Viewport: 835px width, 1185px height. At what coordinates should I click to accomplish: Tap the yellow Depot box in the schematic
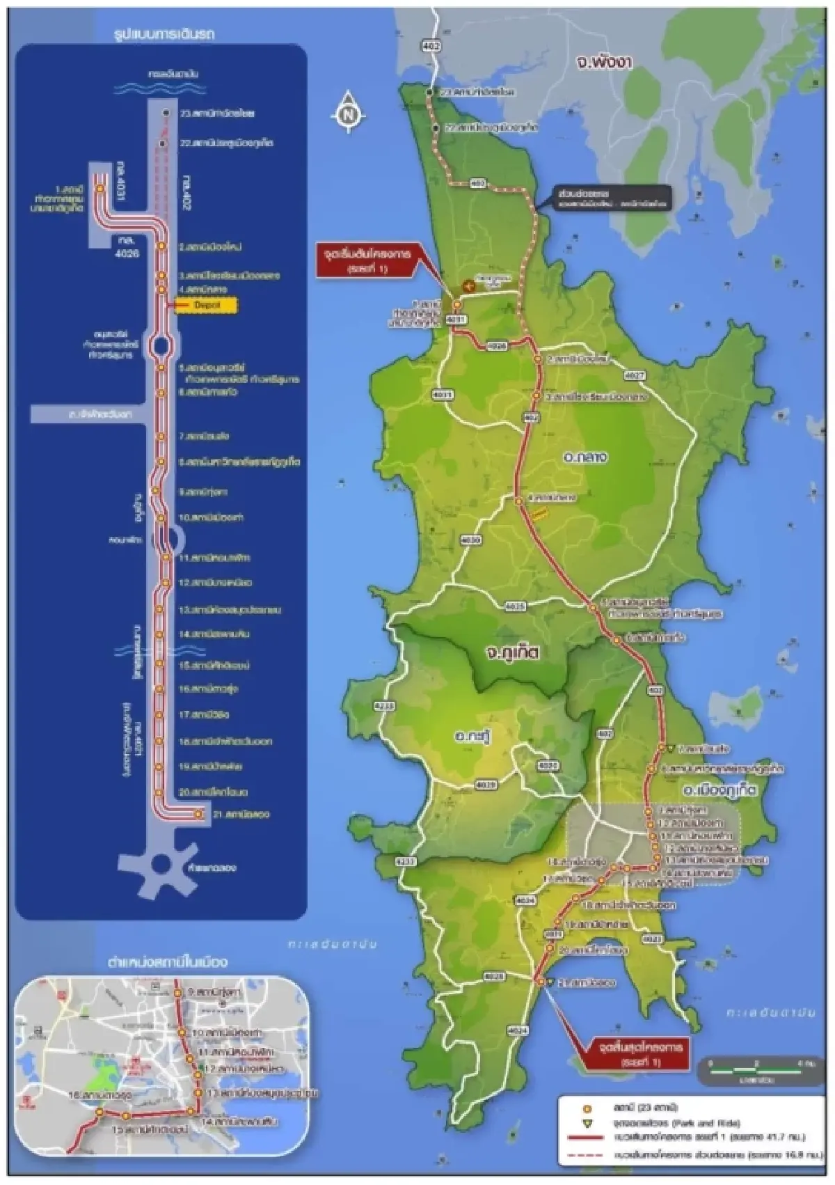pyautogui.click(x=206, y=305)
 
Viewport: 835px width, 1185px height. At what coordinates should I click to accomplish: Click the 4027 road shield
pyautogui.click(x=635, y=375)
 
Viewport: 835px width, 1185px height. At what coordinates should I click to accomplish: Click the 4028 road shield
pyautogui.click(x=493, y=977)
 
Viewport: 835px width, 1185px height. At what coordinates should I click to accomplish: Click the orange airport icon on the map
pyautogui.click(x=469, y=285)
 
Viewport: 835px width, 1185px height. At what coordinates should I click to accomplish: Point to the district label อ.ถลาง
pyautogui.click(x=587, y=457)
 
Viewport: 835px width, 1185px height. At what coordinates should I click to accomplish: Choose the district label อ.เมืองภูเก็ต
pyautogui.click(x=718, y=791)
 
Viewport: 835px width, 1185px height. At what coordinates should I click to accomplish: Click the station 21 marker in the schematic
pyautogui.click(x=198, y=813)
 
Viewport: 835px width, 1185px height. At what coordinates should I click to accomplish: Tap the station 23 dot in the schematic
pyautogui.click(x=166, y=112)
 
